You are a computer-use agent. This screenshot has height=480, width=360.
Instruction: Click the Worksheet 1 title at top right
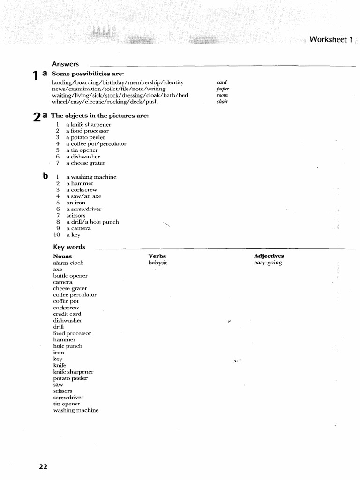[330, 40]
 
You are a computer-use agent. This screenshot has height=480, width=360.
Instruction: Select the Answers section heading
[65, 64]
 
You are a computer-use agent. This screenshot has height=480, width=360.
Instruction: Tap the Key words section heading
[69, 247]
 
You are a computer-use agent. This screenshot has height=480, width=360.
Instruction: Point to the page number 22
[43, 466]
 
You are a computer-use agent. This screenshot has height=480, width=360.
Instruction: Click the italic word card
[222, 82]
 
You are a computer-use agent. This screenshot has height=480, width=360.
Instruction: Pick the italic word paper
[222, 89]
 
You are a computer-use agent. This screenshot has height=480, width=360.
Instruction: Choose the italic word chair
[222, 102]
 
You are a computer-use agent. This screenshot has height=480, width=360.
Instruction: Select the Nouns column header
[62, 256]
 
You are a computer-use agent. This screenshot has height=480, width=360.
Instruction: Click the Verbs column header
[157, 256]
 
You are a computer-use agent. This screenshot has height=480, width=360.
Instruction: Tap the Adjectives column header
[269, 256]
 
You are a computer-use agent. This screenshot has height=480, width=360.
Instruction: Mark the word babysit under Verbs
[157, 263]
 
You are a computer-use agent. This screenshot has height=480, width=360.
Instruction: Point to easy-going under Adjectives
[268, 263]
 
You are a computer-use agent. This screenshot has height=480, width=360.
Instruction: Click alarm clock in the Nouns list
[68, 263]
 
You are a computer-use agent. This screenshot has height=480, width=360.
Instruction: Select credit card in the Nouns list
[67, 314]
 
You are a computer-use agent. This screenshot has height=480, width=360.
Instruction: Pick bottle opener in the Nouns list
[70, 276]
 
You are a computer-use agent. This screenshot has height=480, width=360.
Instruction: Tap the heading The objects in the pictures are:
[100, 115]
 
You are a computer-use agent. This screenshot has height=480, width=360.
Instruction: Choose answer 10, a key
[73, 235]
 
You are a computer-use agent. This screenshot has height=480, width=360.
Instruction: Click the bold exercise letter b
[45, 176]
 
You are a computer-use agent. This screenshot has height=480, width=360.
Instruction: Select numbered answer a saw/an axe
[83, 196]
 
